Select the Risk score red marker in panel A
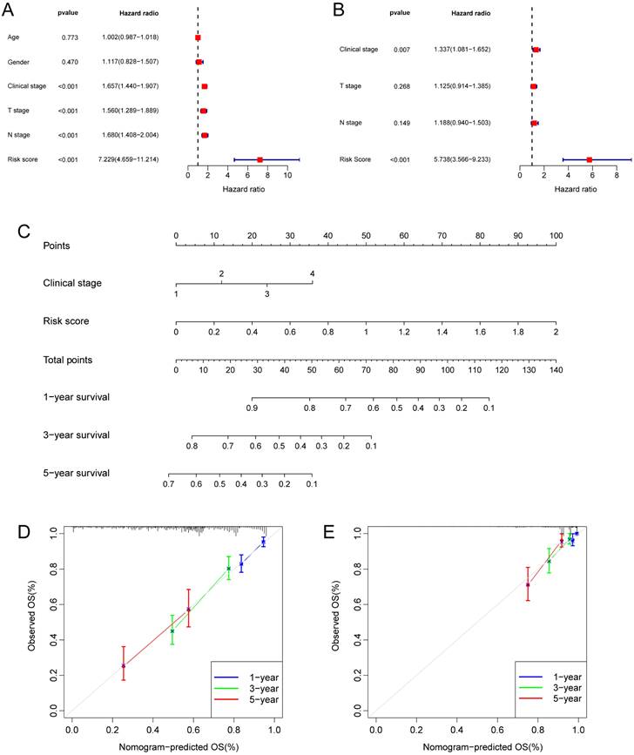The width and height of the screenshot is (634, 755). [x=260, y=159]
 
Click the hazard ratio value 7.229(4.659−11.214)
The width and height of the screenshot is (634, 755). [x=127, y=159]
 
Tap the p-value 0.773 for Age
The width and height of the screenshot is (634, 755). [x=70, y=38]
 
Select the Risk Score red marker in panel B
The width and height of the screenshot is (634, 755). [x=590, y=159]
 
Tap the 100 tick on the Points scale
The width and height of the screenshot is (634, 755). [x=555, y=236]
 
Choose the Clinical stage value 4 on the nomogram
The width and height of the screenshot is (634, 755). [x=312, y=274]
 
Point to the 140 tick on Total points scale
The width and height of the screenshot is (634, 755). [x=555, y=369]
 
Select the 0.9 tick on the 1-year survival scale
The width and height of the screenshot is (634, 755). [x=252, y=407]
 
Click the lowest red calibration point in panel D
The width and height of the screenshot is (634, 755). [x=124, y=665]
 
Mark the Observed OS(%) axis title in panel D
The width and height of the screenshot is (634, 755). [x=31, y=618]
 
